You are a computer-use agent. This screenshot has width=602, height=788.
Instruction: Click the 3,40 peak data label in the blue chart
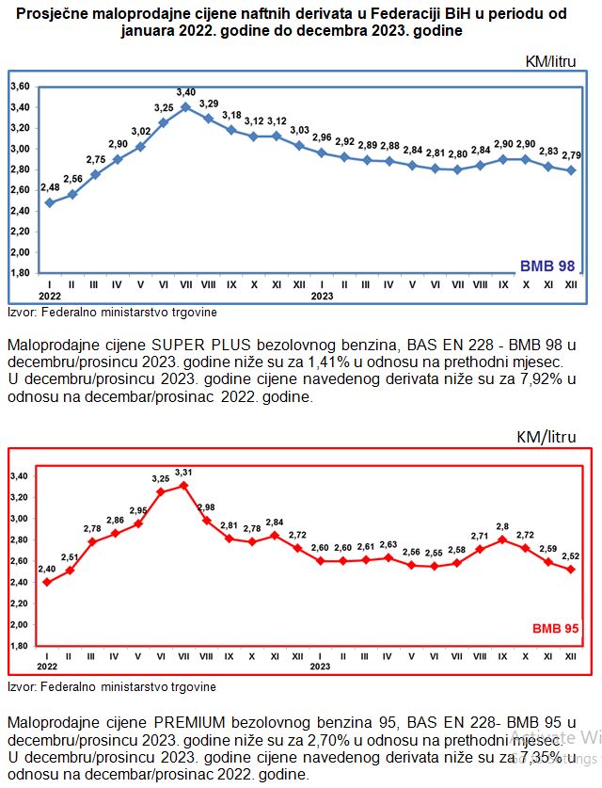coord(185,92)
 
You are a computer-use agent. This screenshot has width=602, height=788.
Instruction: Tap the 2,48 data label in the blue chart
coord(49,188)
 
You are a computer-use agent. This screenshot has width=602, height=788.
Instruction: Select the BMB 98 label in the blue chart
coord(547,266)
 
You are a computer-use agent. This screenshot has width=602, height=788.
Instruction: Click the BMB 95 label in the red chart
coord(554,628)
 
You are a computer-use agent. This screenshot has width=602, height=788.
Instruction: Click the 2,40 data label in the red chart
coord(48,569)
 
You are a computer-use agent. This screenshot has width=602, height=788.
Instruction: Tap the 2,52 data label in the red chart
coord(571,555)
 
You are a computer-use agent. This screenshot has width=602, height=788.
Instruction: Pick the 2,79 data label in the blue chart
coord(571,154)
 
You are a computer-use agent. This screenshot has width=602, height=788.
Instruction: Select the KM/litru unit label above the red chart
coord(547,437)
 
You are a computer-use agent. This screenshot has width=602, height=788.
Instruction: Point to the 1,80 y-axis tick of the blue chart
coord(20,273)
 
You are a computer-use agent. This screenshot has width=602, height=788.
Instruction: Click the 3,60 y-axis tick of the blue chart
coord(20,86)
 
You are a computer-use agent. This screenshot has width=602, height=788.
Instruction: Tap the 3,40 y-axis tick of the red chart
coord(21,476)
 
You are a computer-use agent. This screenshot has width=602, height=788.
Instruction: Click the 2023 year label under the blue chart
coord(322,295)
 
